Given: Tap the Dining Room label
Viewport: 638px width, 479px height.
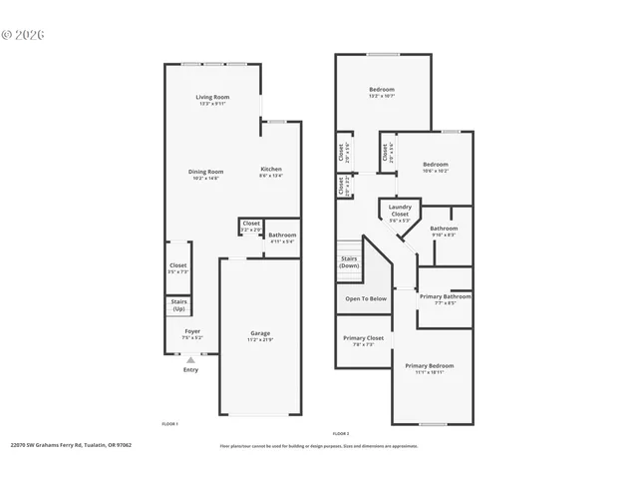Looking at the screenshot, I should coord(206,174).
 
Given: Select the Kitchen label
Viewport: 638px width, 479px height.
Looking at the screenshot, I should coord(271,172).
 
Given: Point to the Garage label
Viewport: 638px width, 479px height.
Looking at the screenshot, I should coord(259,336).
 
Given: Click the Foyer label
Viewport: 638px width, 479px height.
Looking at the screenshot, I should coord(191,334).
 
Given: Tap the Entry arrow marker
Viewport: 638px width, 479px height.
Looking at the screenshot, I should coord(190,360).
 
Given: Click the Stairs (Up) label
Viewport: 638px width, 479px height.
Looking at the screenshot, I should coord(179,305).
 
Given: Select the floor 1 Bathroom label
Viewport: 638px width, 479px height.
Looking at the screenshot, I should coord(282,238).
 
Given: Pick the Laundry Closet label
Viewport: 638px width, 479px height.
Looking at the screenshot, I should coord(399,212).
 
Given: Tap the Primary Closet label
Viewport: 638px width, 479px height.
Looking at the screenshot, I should coord(364,341).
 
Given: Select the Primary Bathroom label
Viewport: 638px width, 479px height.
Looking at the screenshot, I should coord(445,298).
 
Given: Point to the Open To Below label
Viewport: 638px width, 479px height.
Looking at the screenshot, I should coord(366,298).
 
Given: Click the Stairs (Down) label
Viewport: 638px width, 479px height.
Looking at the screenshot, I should coord(349,262).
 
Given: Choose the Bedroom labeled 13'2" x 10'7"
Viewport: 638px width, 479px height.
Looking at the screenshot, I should coord(382,93).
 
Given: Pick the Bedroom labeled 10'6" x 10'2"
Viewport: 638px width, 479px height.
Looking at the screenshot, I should coord(435,167).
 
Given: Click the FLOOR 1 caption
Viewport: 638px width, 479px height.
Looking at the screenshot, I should coord(169,424).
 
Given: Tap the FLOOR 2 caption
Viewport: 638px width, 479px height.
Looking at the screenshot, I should coord(340,434).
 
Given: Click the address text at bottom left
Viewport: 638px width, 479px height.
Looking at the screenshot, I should coord(71,445).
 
